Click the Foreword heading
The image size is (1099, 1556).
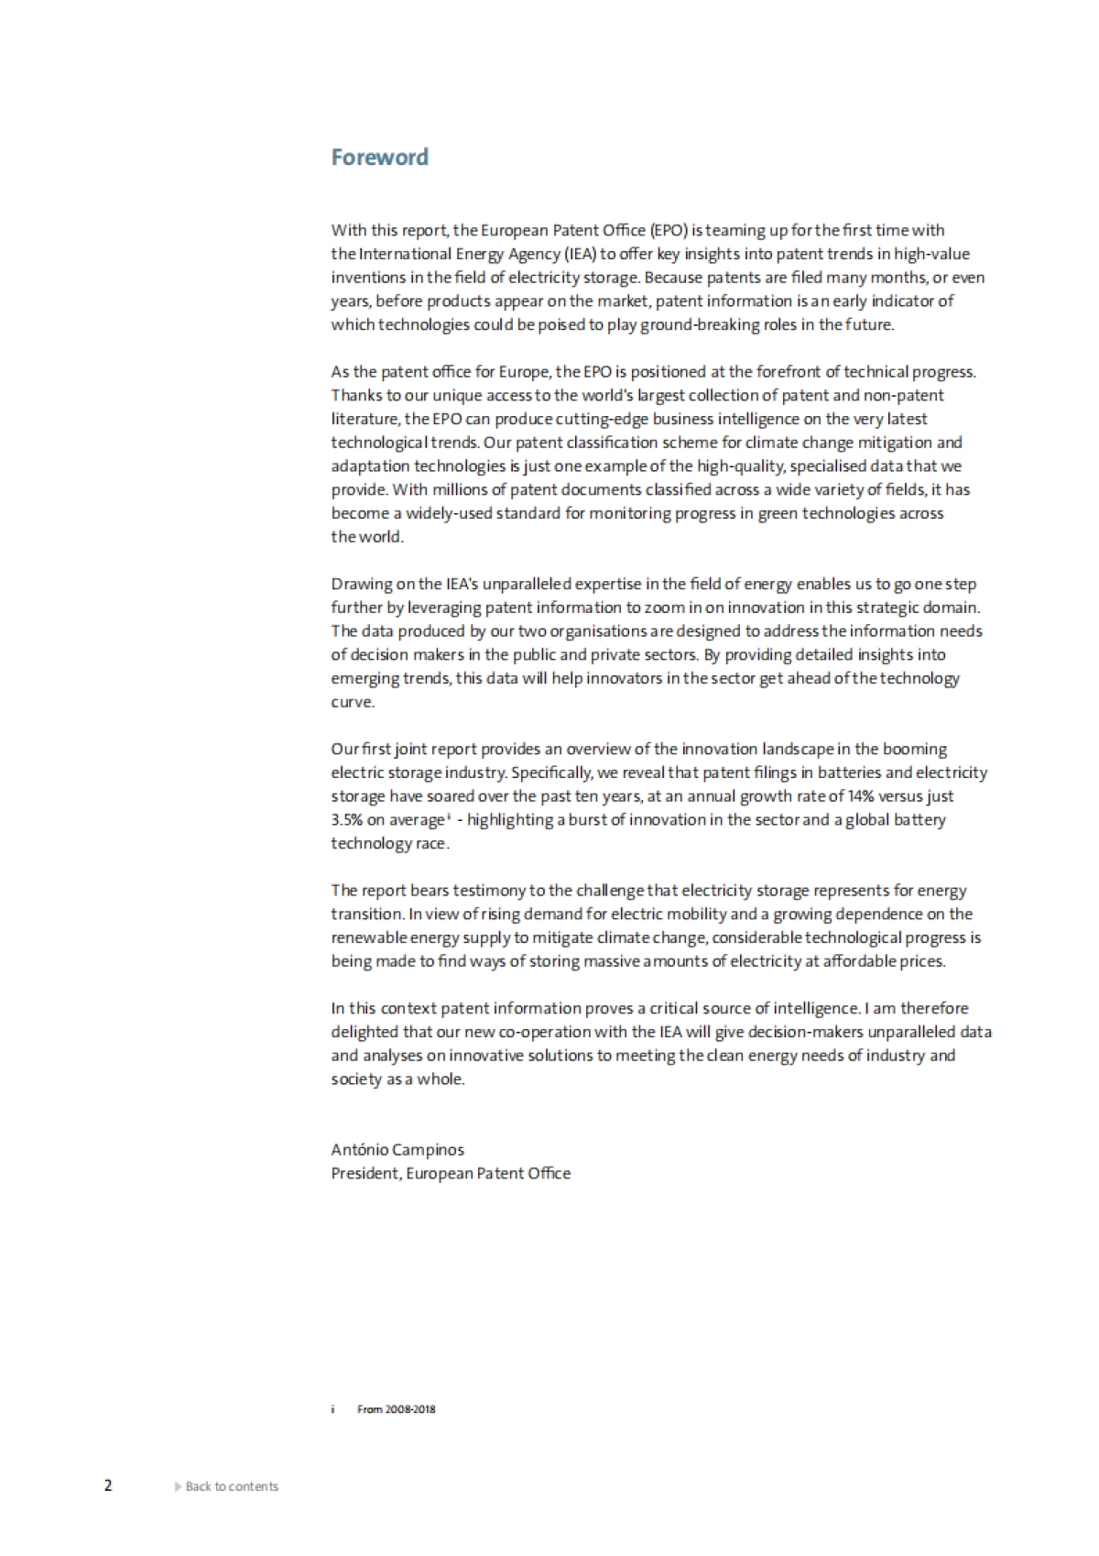(x=379, y=158)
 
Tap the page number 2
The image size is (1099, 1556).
(x=108, y=1485)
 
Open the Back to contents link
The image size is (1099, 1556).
(x=232, y=1486)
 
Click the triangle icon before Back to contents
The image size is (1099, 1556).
(x=178, y=1486)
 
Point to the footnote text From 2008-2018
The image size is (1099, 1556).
(x=397, y=1408)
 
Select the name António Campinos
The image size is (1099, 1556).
(x=397, y=1149)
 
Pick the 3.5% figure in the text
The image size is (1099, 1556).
(x=346, y=820)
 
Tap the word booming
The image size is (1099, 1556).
(x=918, y=749)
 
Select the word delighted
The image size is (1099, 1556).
(x=365, y=1032)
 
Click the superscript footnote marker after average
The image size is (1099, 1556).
(x=448, y=816)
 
